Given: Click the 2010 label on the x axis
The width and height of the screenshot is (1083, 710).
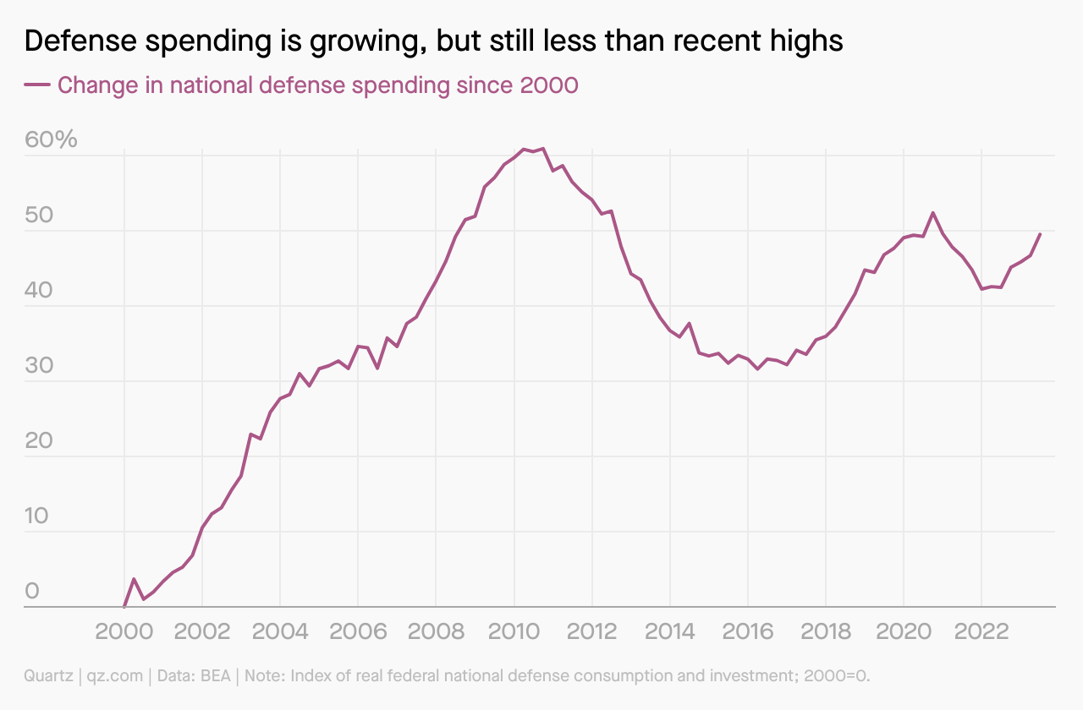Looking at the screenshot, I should pos(514,633).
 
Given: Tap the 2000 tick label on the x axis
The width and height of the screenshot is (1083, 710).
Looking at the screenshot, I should pos(124,633).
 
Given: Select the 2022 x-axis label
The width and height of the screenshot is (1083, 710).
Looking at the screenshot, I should pos(981,633).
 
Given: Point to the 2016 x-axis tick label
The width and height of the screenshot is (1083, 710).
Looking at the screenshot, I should pos(747,633).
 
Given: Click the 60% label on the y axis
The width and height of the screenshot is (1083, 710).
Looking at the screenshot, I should pos(51,139).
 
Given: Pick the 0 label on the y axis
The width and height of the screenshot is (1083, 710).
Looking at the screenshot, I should pos(32,591).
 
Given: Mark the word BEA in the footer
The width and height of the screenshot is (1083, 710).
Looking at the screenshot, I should pos(212,676).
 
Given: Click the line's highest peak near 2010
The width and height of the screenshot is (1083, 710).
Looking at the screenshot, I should pos(542,148).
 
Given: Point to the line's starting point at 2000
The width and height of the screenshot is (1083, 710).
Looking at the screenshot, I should pos(124,607).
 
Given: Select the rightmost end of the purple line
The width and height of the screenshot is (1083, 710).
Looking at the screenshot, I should pos(1040,234).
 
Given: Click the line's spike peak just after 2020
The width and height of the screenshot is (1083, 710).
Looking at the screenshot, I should pos(932,212).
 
